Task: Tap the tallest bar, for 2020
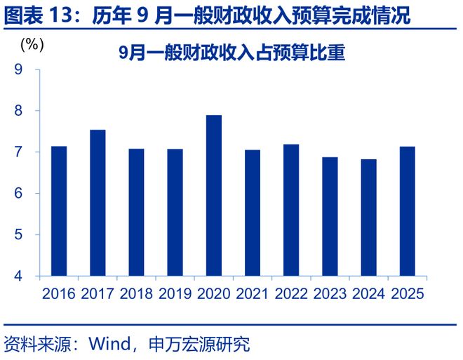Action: point(214,195)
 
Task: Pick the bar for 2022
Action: point(291,210)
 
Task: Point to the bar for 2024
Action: point(368,217)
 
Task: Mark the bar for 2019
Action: point(175,212)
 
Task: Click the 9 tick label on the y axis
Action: point(18,69)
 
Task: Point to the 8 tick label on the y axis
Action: point(18,111)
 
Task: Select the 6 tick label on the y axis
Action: point(18,194)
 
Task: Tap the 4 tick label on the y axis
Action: point(18,276)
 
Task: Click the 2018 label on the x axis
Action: point(136,294)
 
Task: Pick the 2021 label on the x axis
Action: point(253,294)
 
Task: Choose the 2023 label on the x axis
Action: point(330,294)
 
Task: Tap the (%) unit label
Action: point(32,44)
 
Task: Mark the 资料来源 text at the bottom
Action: point(32,345)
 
